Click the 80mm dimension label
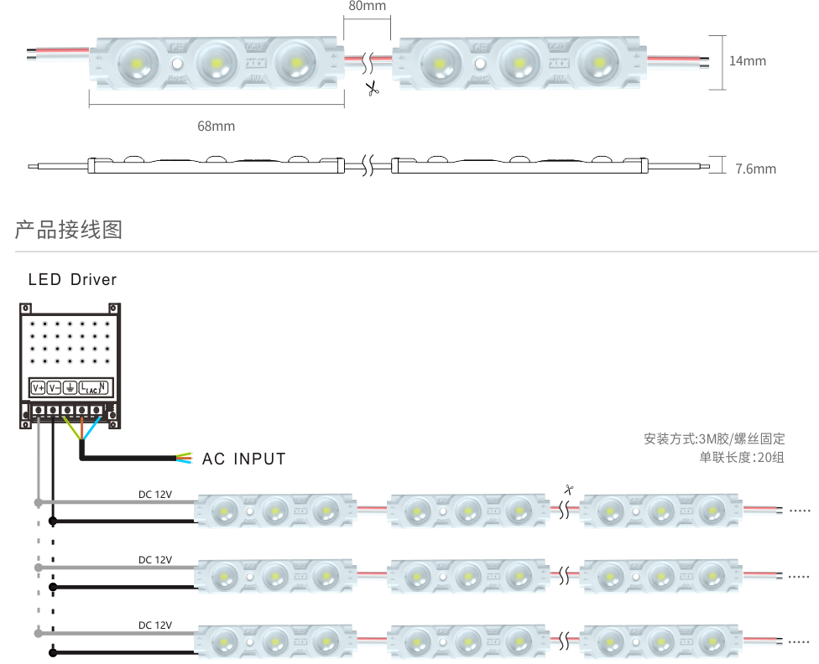[x=367, y=7]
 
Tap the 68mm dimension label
[x=216, y=127]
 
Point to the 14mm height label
[x=747, y=60]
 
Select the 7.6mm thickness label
[x=755, y=169]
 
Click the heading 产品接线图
[x=69, y=230]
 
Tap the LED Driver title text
[x=72, y=279]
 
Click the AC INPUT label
[x=243, y=459]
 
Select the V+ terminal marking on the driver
[x=38, y=388]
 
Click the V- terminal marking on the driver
[x=55, y=388]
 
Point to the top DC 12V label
[x=155, y=494]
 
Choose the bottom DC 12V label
[x=155, y=625]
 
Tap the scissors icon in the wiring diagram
[x=568, y=490]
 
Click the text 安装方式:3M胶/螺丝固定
[x=714, y=438]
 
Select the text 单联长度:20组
[x=742, y=457]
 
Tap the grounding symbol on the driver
[x=71, y=388]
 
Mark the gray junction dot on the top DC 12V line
[x=38, y=503]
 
